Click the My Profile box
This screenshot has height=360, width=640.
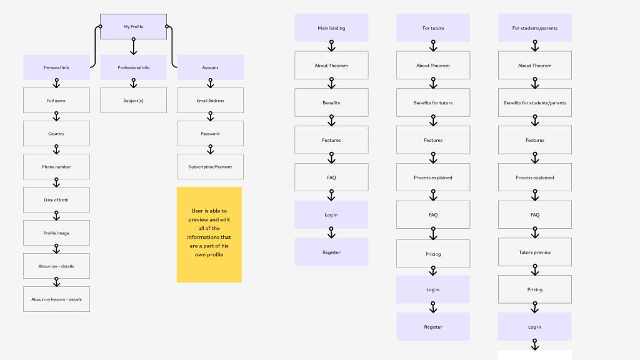[x=133, y=27]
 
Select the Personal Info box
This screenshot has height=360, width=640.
[x=56, y=67]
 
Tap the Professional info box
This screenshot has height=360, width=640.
[x=133, y=67]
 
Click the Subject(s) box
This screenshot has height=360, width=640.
[x=133, y=101]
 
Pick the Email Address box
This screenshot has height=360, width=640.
[x=210, y=101]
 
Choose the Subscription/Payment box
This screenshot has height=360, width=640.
[x=210, y=167]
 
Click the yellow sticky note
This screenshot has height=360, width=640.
[x=209, y=234]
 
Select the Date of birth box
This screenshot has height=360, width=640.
[x=56, y=200]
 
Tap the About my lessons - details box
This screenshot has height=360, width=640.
[x=56, y=299]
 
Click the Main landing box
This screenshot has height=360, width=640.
[x=331, y=28]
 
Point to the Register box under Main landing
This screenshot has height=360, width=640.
[x=331, y=252]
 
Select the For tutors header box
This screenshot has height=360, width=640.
[x=433, y=28]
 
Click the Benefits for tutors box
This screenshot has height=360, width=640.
[x=433, y=103]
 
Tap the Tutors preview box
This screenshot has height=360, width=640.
[x=534, y=252]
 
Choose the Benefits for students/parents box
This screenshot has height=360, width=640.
[x=534, y=103]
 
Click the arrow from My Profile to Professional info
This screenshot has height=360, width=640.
[x=133, y=47]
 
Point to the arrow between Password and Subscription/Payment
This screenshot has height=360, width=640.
[x=210, y=150]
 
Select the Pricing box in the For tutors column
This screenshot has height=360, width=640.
[x=433, y=254]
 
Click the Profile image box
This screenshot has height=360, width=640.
[x=56, y=233]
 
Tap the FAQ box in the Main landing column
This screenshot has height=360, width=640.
[x=331, y=177]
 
